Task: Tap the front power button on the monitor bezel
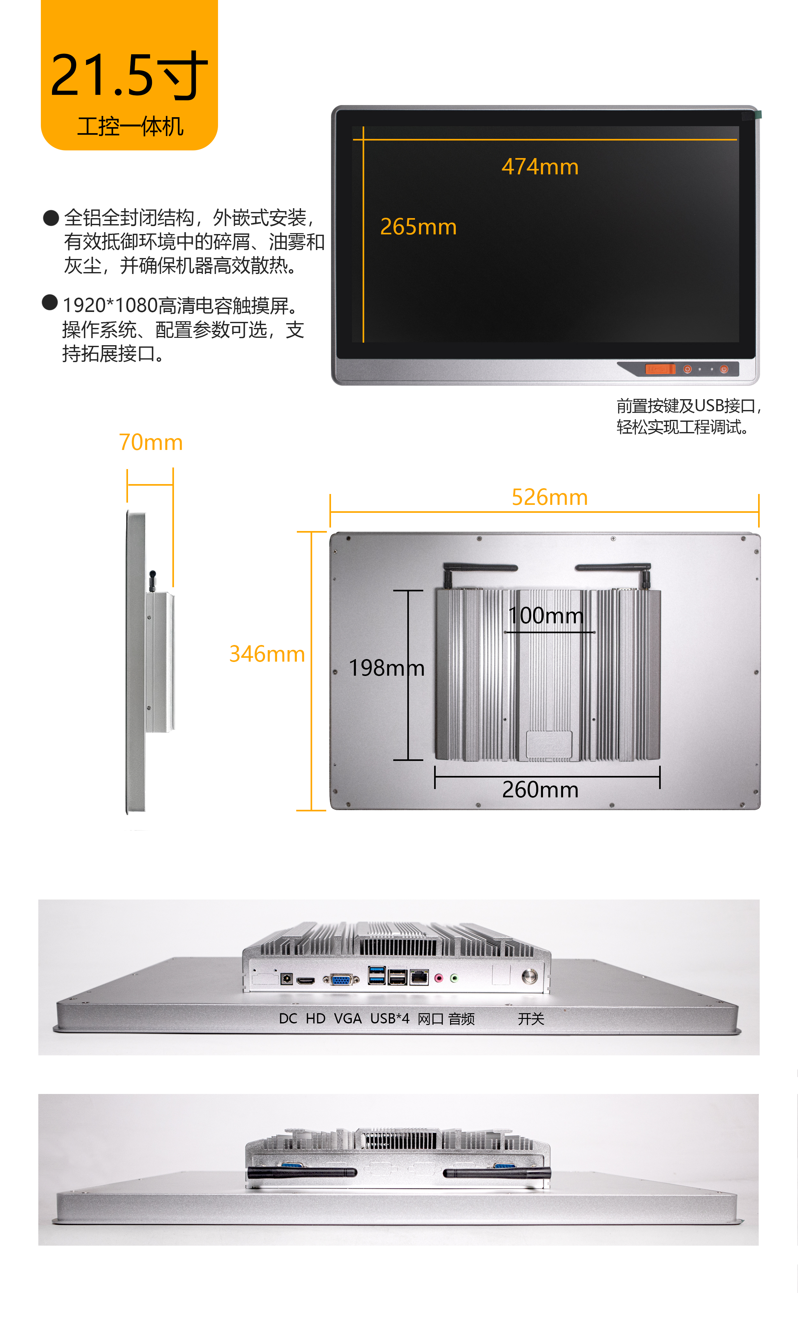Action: [724, 369]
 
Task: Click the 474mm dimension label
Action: [540, 167]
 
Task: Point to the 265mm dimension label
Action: [418, 227]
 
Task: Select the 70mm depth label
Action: [151, 442]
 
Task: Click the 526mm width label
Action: [550, 497]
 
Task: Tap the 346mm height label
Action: [267, 654]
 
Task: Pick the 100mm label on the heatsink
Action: [546, 615]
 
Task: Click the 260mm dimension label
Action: [540, 790]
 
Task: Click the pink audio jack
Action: [438, 978]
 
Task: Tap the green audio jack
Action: [455, 978]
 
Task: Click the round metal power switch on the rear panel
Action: [529, 976]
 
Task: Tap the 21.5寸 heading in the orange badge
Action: [129, 75]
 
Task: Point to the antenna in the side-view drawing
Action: [152, 581]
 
